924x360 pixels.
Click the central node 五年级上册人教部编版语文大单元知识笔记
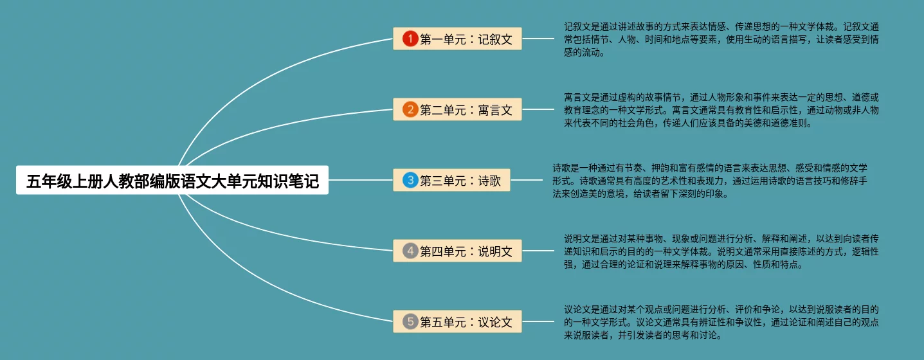(172, 181)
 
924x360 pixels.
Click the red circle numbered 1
(410, 39)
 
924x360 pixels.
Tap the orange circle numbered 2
(410, 110)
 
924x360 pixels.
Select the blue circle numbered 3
(410, 181)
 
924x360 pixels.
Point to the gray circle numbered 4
(410, 251)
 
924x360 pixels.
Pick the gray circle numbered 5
(410, 321)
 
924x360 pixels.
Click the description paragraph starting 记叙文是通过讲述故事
(721, 40)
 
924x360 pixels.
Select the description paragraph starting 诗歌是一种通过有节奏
(710, 181)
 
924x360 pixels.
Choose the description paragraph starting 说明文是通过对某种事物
(721, 251)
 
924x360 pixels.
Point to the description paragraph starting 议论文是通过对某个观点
(721, 322)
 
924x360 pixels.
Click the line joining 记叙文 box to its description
(538, 39)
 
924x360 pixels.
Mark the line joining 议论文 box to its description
(538, 321)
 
